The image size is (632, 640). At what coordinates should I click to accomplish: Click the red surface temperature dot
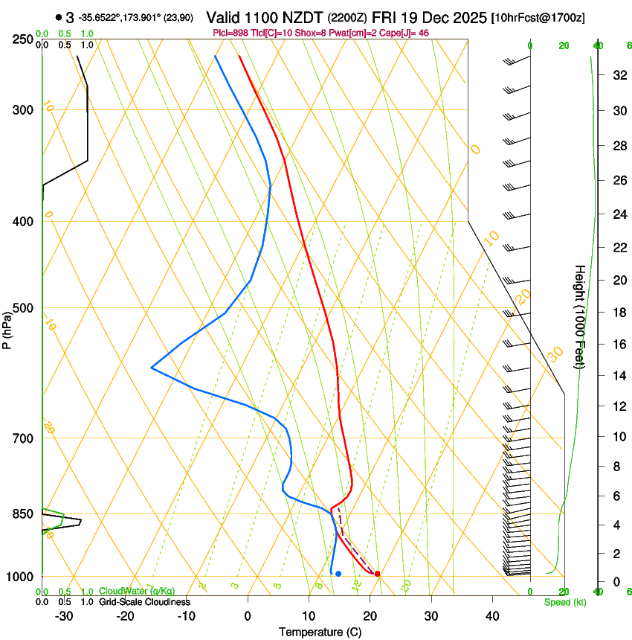(378, 574)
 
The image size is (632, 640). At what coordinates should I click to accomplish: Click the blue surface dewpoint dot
(338, 574)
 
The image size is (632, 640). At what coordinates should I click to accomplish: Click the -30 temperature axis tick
(64, 615)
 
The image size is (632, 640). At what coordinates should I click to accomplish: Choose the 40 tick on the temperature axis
(491, 615)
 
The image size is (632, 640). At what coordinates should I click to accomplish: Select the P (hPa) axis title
(7, 327)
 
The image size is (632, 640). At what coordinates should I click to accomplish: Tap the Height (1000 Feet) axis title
(579, 316)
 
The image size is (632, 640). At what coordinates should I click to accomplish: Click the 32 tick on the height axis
(617, 75)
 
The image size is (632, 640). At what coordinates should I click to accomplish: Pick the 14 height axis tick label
(617, 376)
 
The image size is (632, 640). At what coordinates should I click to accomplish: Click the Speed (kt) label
(564, 602)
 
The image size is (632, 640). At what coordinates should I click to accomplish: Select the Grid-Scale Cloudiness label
(144, 602)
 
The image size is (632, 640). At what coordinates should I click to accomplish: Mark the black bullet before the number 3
(58, 17)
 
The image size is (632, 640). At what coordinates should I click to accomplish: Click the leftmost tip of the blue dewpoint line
(152, 368)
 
